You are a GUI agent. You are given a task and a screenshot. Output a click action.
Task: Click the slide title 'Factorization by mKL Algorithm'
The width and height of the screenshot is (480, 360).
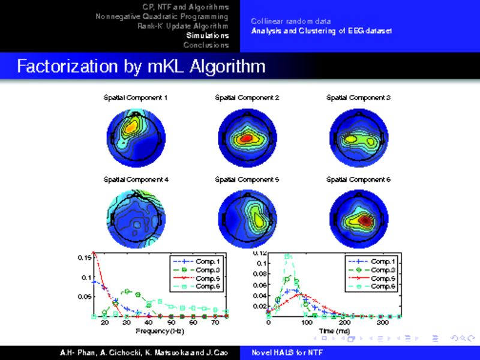[x=141, y=66]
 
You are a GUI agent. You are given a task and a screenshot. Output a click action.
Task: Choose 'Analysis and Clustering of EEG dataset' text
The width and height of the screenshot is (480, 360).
[x=322, y=31]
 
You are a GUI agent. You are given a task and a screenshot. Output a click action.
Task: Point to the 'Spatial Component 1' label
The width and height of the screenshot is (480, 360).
[x=136, y=97]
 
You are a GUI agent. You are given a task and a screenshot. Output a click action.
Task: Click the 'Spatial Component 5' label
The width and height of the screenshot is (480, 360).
[x=247, y=179]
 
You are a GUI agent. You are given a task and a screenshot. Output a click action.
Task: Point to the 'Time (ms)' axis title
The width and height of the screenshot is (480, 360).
[x=326, y=331]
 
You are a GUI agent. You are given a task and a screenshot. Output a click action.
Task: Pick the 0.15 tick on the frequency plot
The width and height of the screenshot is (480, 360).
[x=85, y=258]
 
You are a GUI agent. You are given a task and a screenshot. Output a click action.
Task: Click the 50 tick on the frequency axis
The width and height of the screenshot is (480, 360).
[x=171, y=323]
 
